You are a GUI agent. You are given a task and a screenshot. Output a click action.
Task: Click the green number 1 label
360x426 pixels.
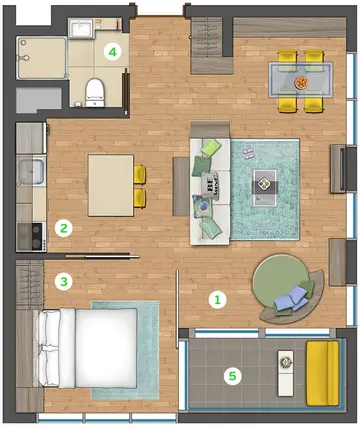tap(217, 300)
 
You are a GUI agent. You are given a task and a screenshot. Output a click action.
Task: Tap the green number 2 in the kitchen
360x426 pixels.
tap(64, 228)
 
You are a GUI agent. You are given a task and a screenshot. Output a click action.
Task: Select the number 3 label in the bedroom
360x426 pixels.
tap(63, 282)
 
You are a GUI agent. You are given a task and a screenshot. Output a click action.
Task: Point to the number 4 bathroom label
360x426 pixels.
tap(113, 52)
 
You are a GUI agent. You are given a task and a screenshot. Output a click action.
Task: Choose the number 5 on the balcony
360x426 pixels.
tap(232, 376)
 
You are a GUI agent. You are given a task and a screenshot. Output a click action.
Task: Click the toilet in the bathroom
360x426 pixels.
tap(95, 92)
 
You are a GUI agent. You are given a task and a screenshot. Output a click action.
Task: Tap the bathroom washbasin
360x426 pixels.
tap(81, 29)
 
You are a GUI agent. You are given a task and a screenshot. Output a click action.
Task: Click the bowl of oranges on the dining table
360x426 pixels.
tap(301, 82)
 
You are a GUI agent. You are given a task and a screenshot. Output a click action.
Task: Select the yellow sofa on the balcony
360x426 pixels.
tap(322, 373)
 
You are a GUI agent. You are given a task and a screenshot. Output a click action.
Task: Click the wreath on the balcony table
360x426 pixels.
tap(286, 362)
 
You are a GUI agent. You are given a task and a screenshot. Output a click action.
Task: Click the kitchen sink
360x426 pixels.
tap(31, 172)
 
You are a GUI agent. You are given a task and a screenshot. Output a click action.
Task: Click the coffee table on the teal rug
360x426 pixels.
tap(264, 188)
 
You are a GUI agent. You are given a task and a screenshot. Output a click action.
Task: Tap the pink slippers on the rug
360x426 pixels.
tap(248, 152)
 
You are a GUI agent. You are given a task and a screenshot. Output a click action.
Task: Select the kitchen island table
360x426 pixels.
tap(111, 185)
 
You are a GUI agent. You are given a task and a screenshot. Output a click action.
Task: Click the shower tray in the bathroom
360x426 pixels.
tap(42, 58)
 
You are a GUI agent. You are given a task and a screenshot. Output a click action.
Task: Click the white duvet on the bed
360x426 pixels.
tap(106, 348)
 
